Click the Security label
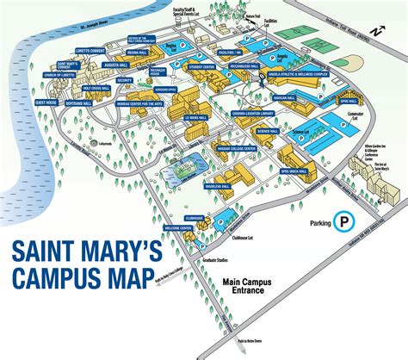[x=124, y=80]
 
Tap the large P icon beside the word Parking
[x=346, y=221]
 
